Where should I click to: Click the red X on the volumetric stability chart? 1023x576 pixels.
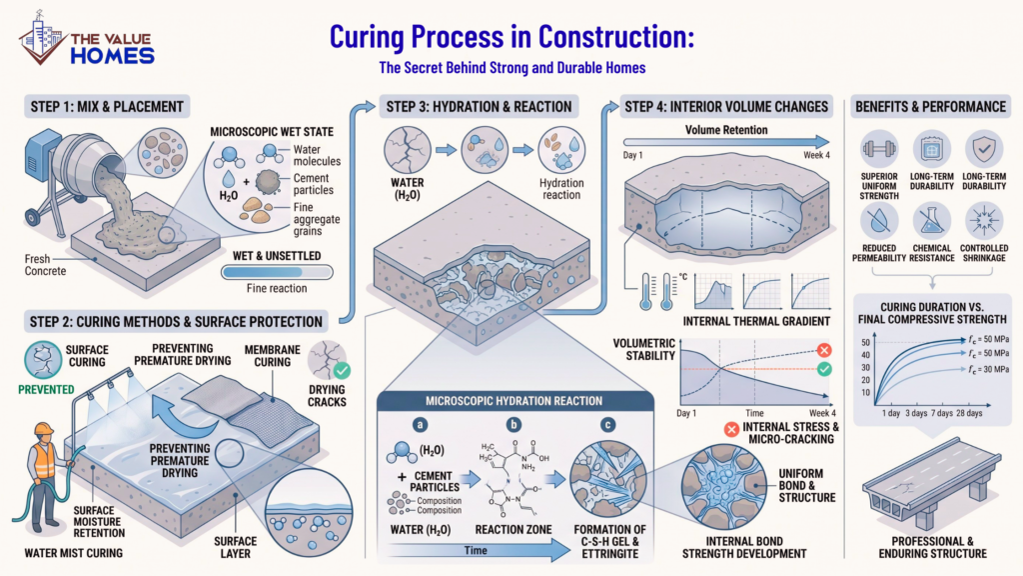click(824, 351)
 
